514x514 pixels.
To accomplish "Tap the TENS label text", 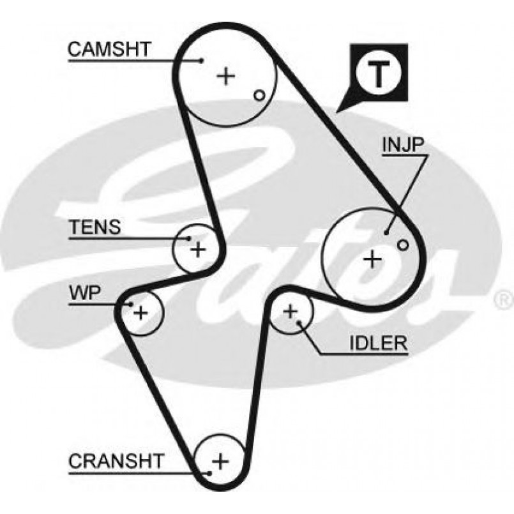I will pos(95,228).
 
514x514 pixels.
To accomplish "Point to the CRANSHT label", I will pos(116,460).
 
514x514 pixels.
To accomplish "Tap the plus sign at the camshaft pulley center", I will pos(225,77).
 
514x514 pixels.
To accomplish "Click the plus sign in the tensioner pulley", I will pos(199,248).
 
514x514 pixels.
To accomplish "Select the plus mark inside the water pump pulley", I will pos(140,312).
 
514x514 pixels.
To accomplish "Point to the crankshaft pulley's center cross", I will pos(220,460).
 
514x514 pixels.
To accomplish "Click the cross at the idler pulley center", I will pos(291,311).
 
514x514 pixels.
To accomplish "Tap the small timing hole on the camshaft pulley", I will pos(259,96).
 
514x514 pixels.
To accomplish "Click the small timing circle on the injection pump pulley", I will pos(402,245).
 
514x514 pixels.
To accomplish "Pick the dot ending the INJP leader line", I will pos(387,232).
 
